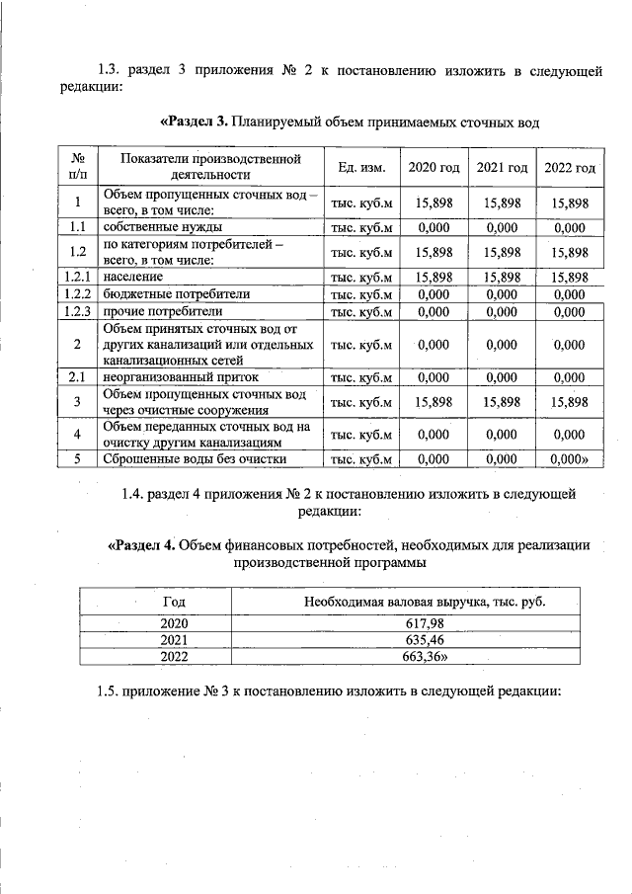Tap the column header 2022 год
(570, 167)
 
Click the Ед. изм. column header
(360, 167)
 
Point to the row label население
(135, 277)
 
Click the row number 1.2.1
(77, 277)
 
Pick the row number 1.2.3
(77, 312)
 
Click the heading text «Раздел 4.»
(140, 545)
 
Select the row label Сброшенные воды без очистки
(195, 458)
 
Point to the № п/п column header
(77, 166)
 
